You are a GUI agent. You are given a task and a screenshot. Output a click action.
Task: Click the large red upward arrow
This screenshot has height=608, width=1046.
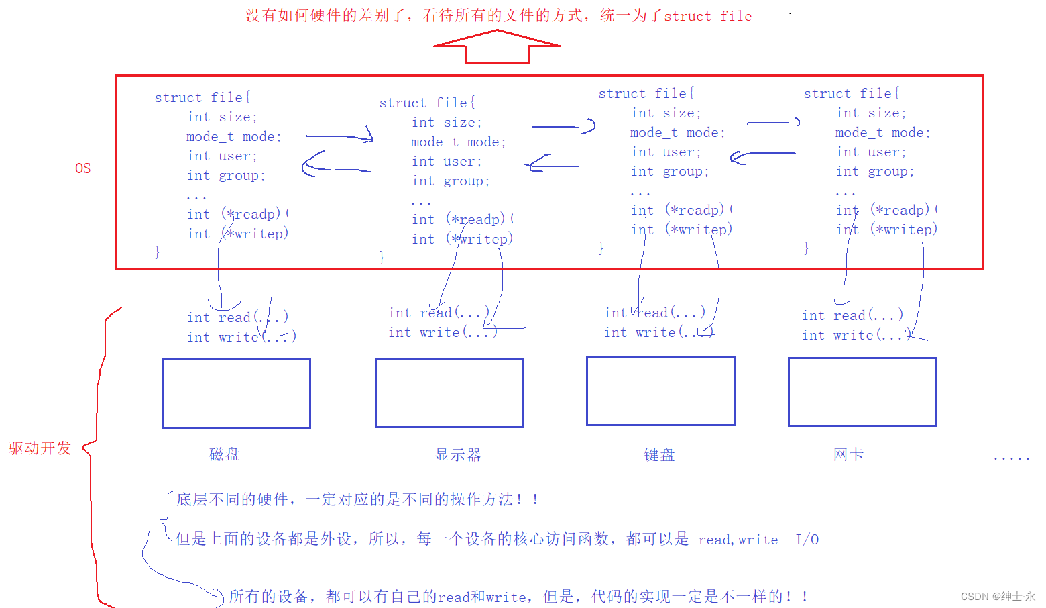click(x=497, y=48)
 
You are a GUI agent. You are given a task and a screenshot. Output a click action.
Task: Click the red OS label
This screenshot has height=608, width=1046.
click(x=82, y=168)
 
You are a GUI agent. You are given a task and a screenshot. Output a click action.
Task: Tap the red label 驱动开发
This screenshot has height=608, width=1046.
click(x=40, y=448)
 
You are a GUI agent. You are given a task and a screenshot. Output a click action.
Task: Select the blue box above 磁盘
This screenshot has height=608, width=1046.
click(x=236, y=393)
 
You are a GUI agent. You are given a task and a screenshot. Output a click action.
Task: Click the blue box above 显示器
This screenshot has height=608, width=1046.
click(x=449, y=393)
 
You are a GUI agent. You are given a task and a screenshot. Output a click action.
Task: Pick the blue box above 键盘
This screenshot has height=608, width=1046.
click(x=660, y=391)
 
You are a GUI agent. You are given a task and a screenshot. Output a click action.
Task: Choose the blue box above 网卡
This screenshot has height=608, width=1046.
click(x=862, y=392)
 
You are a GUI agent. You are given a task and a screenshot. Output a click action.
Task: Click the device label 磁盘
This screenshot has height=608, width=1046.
click(x=224, y=454)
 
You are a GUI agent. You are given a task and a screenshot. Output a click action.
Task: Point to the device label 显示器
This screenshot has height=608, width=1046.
click(x=458, y=455)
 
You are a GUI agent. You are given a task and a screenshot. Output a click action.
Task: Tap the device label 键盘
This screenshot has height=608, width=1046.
click(x=659, y=455)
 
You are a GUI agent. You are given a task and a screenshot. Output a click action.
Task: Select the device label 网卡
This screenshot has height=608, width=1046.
click(x=848, y=454)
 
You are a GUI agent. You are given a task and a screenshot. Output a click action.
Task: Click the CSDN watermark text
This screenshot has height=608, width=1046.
click(x=997, y=596)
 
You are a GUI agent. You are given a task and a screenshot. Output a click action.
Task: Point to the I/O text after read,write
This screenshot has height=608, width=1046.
click(x=807, y=540)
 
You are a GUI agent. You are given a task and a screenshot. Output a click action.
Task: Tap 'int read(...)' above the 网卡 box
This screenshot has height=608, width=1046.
click(x=852, y=315)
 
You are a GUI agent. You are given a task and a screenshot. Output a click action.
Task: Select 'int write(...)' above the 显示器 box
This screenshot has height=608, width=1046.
click(x=443, y=332)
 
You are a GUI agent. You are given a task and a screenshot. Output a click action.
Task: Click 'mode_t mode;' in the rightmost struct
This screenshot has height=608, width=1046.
click(x=882, y=133)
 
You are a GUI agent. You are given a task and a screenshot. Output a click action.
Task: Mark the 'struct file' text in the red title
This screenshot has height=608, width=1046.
click(x=707, y=16)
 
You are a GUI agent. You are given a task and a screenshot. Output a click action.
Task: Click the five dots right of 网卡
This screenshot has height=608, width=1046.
click(x=1011, y=458)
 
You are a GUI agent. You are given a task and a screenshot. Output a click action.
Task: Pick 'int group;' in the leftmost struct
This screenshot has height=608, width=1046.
click(x=226, y=176)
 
